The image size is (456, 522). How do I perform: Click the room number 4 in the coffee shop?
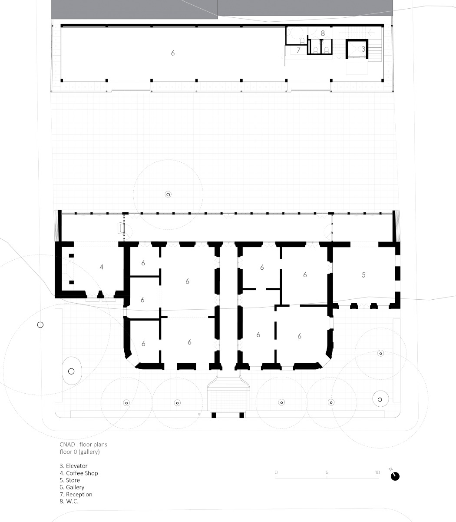click(101, 267)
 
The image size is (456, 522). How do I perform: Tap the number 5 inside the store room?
click(363, 275)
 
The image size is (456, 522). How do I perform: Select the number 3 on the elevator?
click(363, 50)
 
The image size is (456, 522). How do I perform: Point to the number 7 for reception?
click(298, 50)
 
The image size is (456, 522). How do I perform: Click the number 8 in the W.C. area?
click(323, 33)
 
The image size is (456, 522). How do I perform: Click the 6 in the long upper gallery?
click(173, 53)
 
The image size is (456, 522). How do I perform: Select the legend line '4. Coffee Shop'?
click(79, 473)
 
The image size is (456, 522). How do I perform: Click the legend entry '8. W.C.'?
click(69, 502)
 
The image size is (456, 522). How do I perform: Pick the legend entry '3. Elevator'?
click(73, 466)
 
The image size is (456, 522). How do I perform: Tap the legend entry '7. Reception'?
click(76, 495)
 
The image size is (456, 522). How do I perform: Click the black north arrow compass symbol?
click(395, 476)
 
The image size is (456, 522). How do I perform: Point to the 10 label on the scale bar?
click(377, 472)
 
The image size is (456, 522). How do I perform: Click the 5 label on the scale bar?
click(327, 472)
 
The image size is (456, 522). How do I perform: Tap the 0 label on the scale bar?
click(276, 472)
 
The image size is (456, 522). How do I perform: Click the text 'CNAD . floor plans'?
click(83, 445)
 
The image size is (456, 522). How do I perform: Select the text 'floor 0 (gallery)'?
click(80, 452)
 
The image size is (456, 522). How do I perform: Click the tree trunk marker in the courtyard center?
click(168, 194)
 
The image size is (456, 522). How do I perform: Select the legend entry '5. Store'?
click(70, 480)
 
